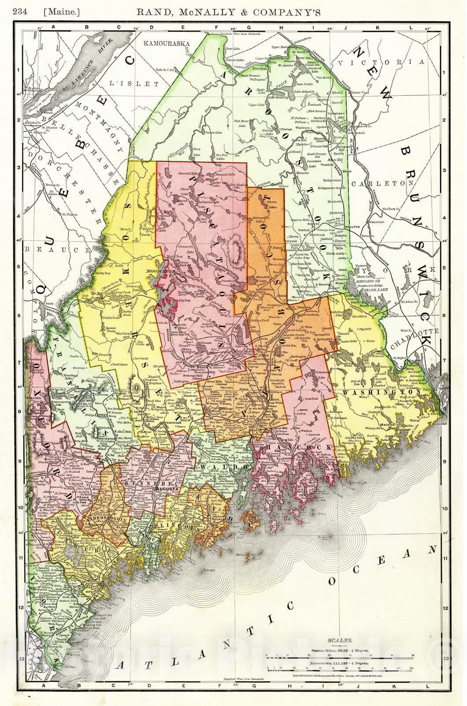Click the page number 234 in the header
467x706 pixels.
pos(21,12)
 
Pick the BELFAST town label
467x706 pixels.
pos(226,477)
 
